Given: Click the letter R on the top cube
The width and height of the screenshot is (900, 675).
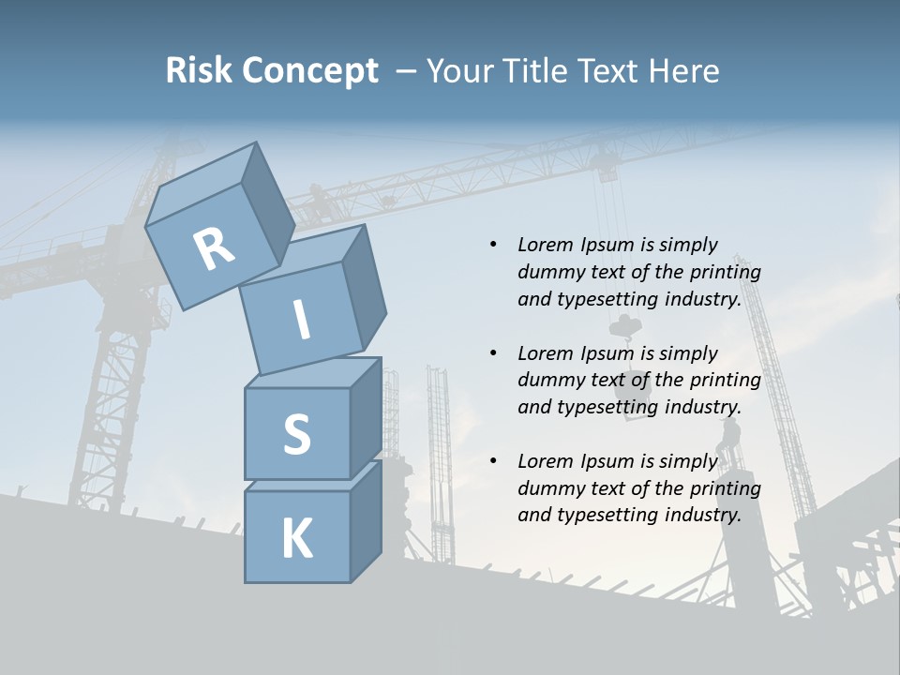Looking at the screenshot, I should [214, 248].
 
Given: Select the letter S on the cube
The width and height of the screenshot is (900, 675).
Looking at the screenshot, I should [296, 434].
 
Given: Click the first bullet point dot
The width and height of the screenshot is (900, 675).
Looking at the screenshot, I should [492, 245].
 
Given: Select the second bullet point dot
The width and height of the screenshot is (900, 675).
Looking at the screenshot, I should [492, 353].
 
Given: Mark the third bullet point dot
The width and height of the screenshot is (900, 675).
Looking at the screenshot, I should [492, 461].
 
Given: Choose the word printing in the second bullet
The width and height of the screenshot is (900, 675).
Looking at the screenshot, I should [725, 381].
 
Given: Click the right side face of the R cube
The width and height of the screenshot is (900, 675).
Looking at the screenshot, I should [262, 202].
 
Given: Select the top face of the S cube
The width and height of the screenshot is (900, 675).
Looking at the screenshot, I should [313, 373].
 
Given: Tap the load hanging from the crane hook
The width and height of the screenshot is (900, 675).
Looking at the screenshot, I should [624, 326].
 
